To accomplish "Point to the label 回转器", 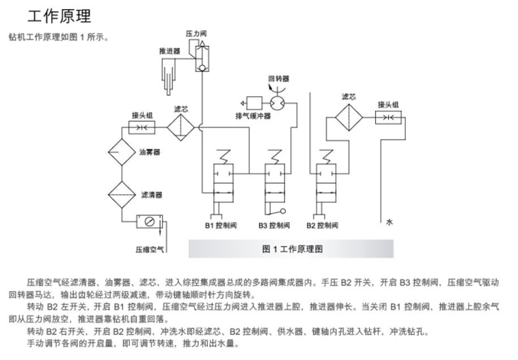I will pyautogui.click(x=278, y=78).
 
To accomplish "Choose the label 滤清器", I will pyautogui.click(x=151, y=195).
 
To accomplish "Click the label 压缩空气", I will pyautogui.click(x=149, y=249).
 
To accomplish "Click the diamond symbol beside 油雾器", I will pyautogui.click(x=119, y=153).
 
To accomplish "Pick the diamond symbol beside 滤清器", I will pyautogui.click(x=119, y=194).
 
